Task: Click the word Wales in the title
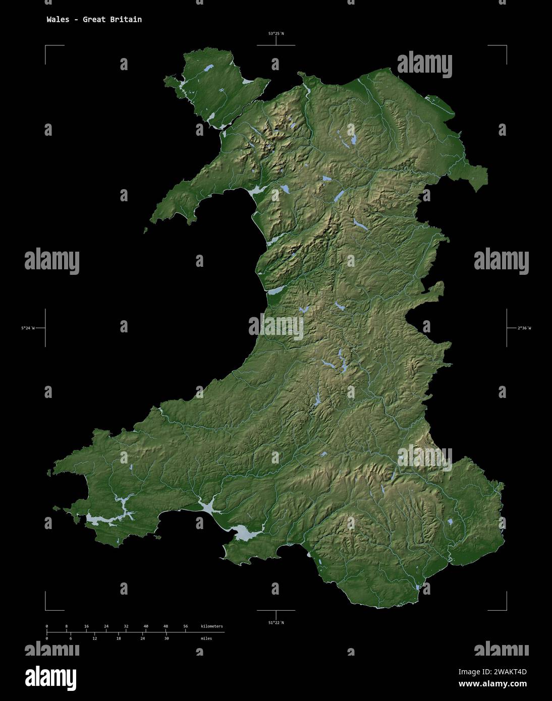pyautogui.click(x=58, y=20)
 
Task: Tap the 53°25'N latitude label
pyautogui.click(x=275, y=34)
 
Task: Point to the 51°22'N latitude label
pyautogui.click(x=275, y=623)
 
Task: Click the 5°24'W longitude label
pyautogui.click(x=28, y=328)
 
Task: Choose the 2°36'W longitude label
pyautogui.click(x=524, y=328)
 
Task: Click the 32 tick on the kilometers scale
pyautogui.click(x=126, y=626)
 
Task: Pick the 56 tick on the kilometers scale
pyautogui.click(x=186, y=626)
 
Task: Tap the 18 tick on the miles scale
pyautogui.click(x=119, y=638)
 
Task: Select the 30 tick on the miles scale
pyautogui.click(x=167, y=638)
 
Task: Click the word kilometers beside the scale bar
pyautogui.click(x=211, y=626)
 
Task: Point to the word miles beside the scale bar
pyautogui.click(x=206, y=638)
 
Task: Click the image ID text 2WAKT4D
pyautogui.click(x=492, y=672)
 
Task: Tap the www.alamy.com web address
pyautogui.click(x=492, y=684)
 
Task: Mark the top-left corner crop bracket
pyautogui.click(x=46, y=46)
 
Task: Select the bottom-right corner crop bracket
pyautogui.click(x=506, y=609)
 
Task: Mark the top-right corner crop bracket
pyautogui.click(x=506, y=46)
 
